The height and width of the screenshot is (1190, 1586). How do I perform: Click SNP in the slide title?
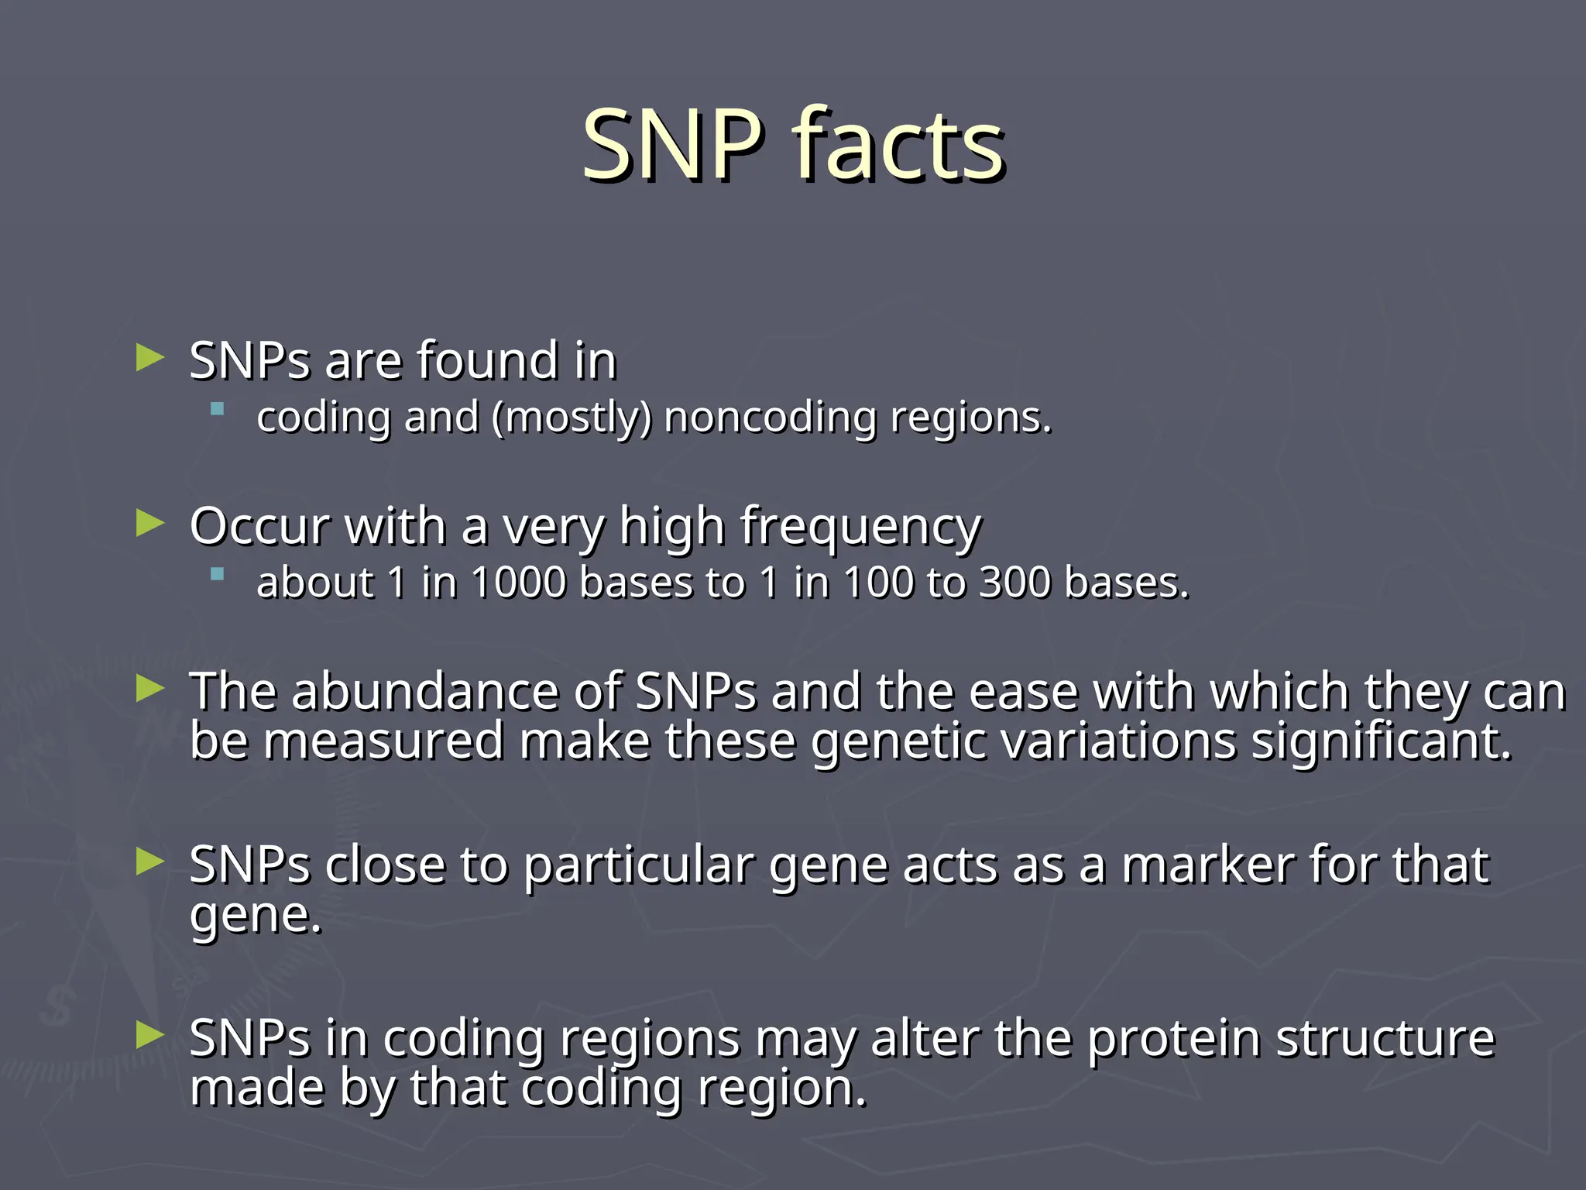point(671,145)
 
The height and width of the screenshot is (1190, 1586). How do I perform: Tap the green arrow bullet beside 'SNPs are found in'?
point(150,358)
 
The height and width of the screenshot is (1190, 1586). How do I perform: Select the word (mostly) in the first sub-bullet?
point(572,418)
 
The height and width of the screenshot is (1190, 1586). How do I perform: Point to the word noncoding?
point(770,418)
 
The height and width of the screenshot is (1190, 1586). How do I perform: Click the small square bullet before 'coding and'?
point(218,408)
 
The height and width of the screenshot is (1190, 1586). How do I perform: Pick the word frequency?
point(860,527)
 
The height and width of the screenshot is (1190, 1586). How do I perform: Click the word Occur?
point(260,527)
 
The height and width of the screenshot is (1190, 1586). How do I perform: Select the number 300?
point(1014,583)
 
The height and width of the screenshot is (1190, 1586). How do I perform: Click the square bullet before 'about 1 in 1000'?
point(218,574)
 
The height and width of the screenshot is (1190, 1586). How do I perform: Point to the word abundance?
point(425,691)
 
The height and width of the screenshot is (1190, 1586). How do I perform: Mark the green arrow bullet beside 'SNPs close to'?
point(150,862)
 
